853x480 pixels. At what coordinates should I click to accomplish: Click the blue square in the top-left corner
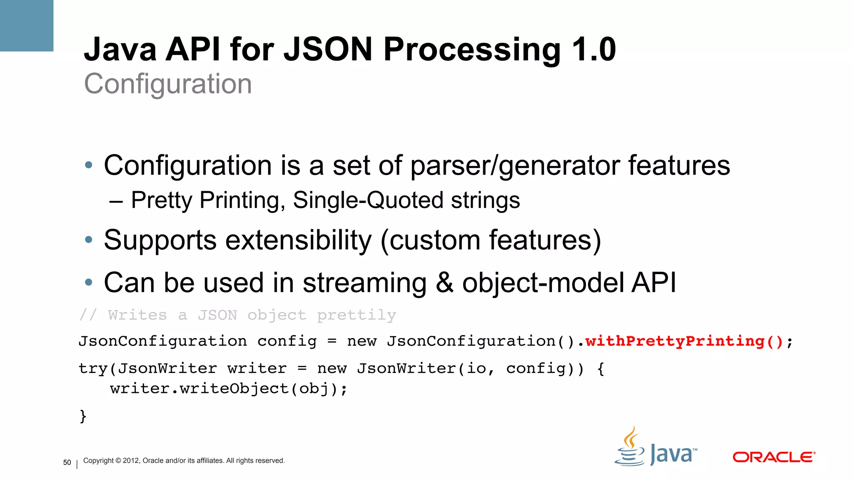pyautogui.click(x=26, y=25)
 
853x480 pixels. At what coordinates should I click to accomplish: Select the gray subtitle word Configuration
pyautogui.click(x=168, y=84)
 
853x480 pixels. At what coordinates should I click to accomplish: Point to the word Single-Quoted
pyautogui.click(x=368, y=200)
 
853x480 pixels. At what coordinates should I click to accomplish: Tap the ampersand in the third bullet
pyautogui.click(x=444, y=283)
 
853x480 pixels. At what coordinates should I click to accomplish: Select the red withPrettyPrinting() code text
pyautogui.click(x=684, y=341)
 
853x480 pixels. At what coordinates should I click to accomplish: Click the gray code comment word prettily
pyautogui.click(x=357, y=315)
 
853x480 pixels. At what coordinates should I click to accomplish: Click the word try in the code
pyautogui.click(x=93, y=369)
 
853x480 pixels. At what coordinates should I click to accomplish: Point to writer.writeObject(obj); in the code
pyautogui.click(x=229, y=389)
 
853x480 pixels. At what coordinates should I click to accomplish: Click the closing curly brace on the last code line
pyautogui.click(x=83, y=416)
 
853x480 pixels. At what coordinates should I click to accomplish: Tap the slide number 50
pyautogui.click(x=67, y=462)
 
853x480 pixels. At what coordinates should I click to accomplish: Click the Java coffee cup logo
pyautogui.click(x=630, y=447)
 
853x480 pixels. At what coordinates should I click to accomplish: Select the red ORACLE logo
pyautogui.click(x=773, y=457)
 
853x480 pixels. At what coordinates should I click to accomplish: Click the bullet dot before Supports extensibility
pyautogui.click(x=88, y=240)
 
